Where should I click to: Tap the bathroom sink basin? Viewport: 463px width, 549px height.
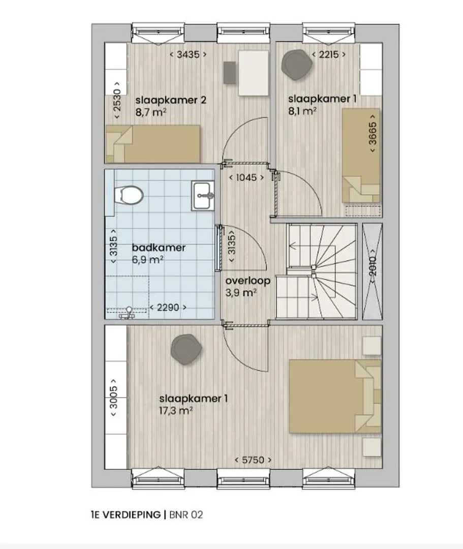tap(203, 196)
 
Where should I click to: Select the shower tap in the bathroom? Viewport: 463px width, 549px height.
tap(129, 313)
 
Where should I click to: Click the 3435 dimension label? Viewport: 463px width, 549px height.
tap(188, 54)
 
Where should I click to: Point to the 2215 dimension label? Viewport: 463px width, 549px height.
tap(329, 54)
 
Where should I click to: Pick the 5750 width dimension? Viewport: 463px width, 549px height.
tap(253, 460)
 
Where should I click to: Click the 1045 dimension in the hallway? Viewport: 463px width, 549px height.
tap(246, 177)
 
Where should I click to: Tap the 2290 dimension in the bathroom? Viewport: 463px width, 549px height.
tap(168, 308)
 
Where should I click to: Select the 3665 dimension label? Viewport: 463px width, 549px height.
tap(373, 133)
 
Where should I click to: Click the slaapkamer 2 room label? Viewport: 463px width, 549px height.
tap(171, 100)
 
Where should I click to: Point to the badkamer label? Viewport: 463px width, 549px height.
tap(159, 248)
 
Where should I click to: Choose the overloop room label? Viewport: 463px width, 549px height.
tap(248, 281)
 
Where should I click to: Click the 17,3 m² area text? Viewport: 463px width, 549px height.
tap(176, 410)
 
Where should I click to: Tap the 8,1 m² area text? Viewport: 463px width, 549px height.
tap(302, 111)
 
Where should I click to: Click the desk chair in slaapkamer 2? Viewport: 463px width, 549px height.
tap(230, 73)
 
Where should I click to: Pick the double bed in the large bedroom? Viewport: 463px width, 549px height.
tap(335, 396)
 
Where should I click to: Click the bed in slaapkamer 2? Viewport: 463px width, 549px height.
tap(152, 144)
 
